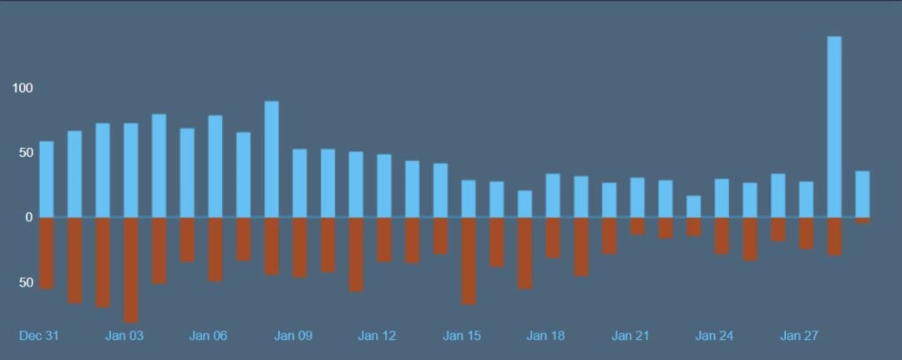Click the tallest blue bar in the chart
click(x=834, y=125)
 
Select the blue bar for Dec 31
click(x=47, y=179)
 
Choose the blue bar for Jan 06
click(x=215, y=166)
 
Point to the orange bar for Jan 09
click(x=300, y=247)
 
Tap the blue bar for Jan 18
click(x=553, y=195)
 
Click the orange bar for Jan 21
click(x=637, y=226)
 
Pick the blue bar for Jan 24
click(x=722, y=198)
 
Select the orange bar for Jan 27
click(x=806, y=233)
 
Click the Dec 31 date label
click(x=39, y=336)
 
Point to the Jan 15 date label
click(x=462, y=336)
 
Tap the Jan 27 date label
click(x=799, y=336)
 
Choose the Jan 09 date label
click(x=293, y=336)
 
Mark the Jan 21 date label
click(x=631, y=336)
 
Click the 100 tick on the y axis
click(x=22, y=89)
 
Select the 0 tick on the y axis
click(x=28, y=217)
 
